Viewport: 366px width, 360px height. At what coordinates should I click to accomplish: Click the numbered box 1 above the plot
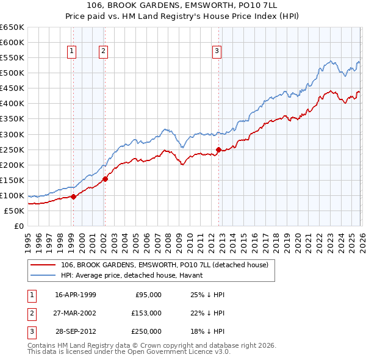[72, 52]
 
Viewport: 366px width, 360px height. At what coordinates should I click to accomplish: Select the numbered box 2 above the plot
[104, 52]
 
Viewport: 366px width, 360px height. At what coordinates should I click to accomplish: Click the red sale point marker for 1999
[73, 196]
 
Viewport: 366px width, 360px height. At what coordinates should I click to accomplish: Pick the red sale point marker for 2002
[105, 179]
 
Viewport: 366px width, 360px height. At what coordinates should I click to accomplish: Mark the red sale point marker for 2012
[218, 149]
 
